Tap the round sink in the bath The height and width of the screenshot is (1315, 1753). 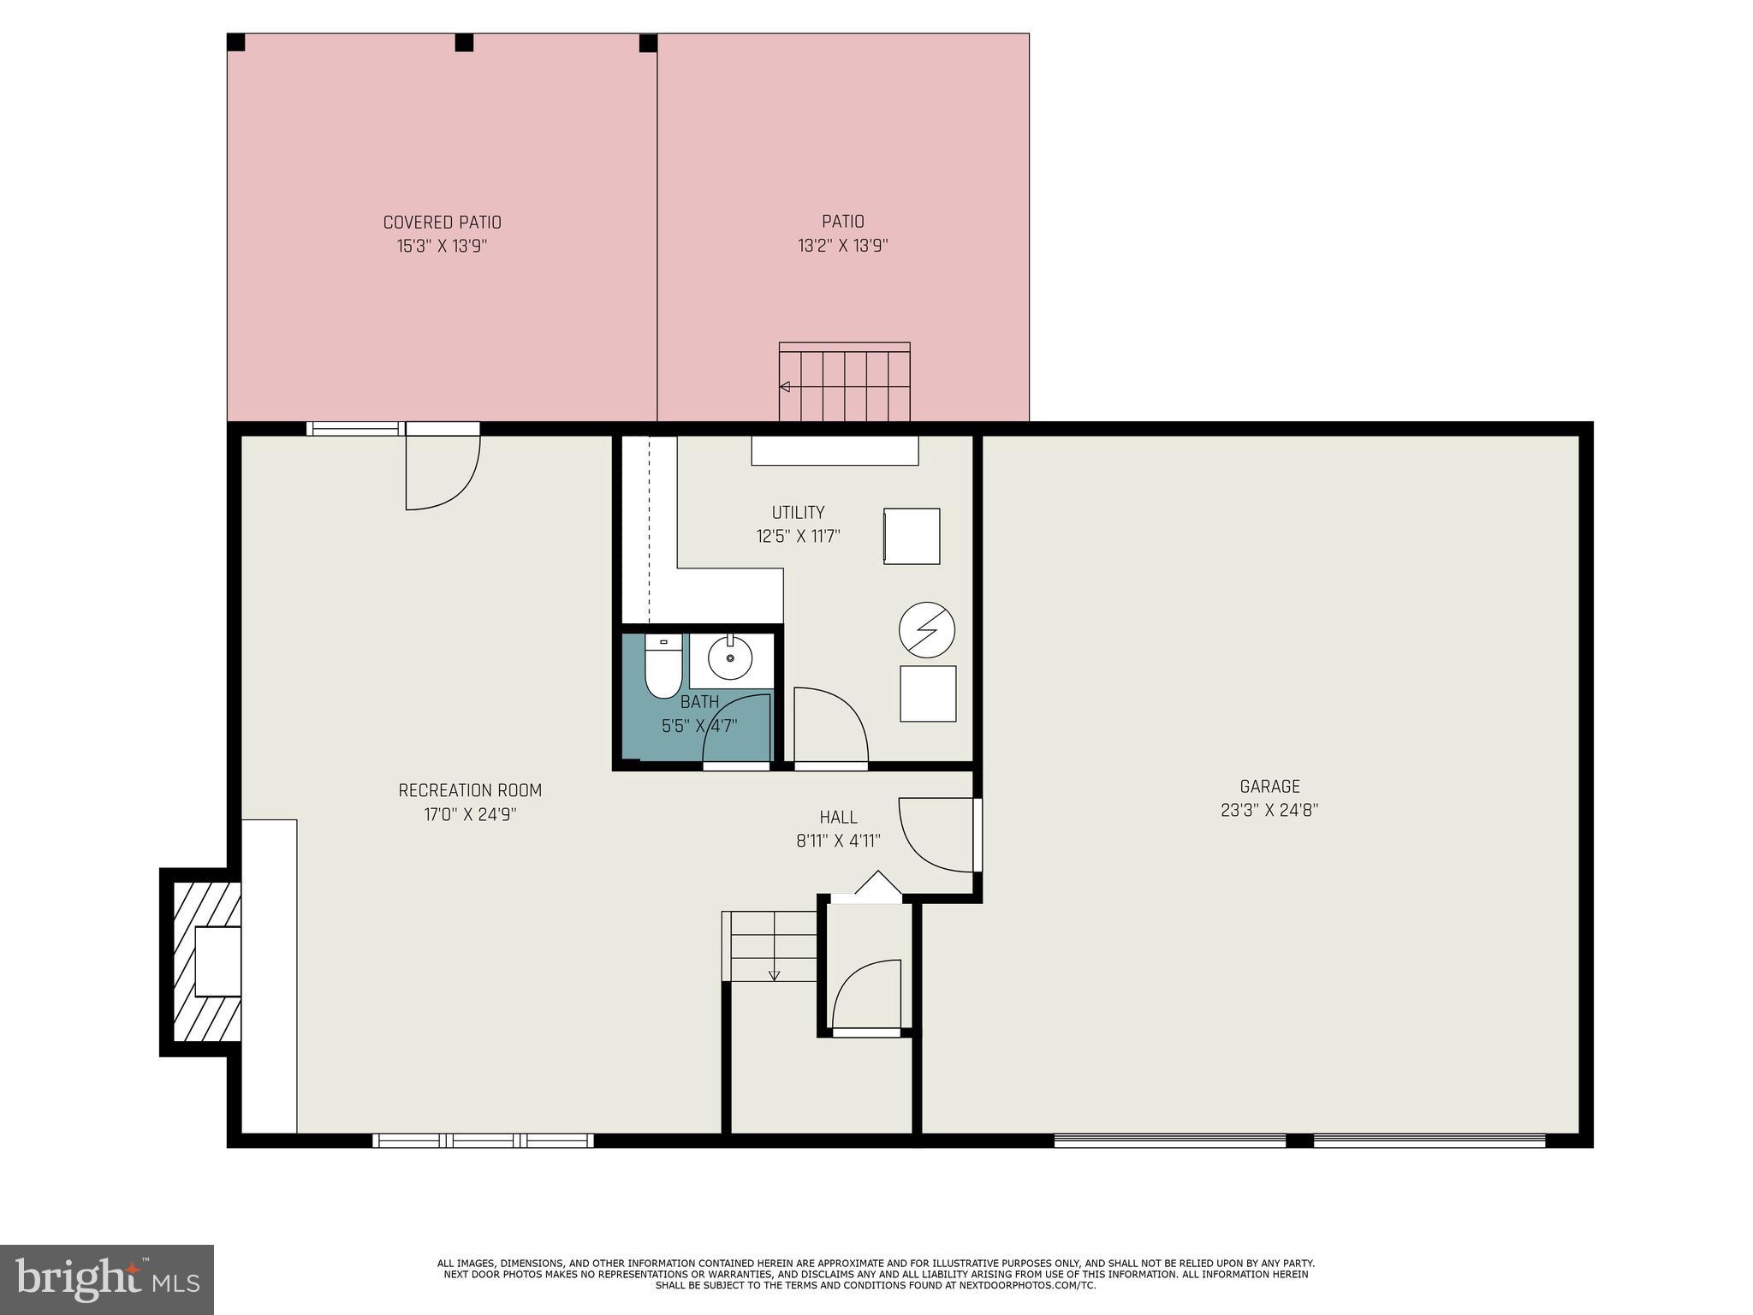pos(730,658)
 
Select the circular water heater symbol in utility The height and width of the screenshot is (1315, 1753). pos(926,630)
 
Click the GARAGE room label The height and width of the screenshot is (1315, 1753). pos(1269,786)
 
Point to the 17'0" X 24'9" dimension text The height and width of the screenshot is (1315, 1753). pos(470,814)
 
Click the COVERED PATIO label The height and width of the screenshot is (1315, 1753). pos(442,223)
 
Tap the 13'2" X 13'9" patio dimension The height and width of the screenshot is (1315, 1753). pos(842,246)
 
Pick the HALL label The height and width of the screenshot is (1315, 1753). pos(838,818)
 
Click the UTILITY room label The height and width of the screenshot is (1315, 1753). pos(798,513)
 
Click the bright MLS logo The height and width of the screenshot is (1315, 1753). pos(106,1279)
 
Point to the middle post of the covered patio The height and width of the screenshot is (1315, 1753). pos(464,43)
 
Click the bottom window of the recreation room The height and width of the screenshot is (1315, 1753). pos(483,1140)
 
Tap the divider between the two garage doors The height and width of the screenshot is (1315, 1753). pos(1299,1140)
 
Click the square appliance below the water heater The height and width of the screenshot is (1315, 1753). pos(928,693)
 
